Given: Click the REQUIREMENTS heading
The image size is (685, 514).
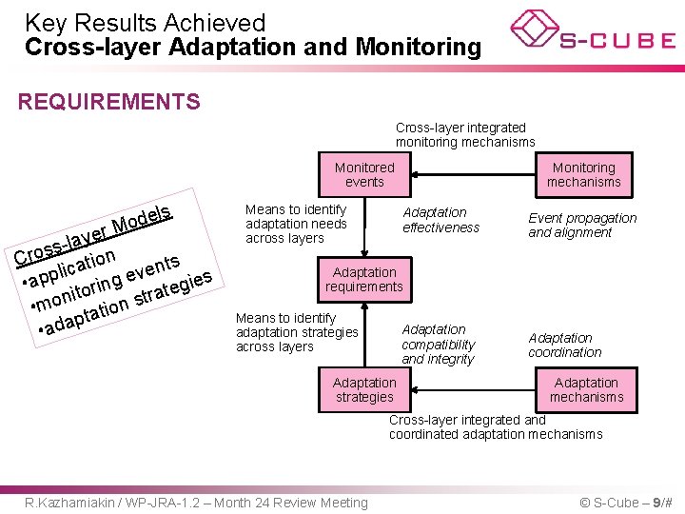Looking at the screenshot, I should pos(109,102).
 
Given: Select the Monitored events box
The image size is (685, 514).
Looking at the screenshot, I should pos(364,174).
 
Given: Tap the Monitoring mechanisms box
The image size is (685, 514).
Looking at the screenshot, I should pos(584,174).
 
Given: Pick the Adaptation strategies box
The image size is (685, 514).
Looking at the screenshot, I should pos(364,389).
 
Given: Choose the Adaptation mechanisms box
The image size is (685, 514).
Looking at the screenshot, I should pos(586,389).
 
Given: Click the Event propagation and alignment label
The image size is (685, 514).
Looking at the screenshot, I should pos(582,225).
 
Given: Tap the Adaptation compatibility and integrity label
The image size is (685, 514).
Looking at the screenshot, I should pos(438,345).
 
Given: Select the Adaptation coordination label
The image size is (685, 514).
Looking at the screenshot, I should pos(564,345).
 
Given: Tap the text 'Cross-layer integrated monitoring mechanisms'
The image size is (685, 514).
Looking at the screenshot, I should pos(465,134).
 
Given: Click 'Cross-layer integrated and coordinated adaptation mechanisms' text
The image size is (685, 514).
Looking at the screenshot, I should pos(495,426).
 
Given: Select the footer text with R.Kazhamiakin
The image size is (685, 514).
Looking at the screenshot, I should pos(196,503).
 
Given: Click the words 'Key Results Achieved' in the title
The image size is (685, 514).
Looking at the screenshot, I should pos(145,22).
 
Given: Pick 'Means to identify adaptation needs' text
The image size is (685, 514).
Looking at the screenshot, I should pos(296,224).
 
